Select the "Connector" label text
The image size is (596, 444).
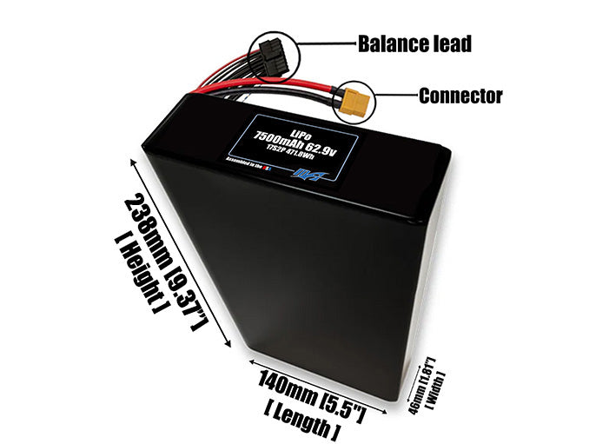click(x=460, y=96)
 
